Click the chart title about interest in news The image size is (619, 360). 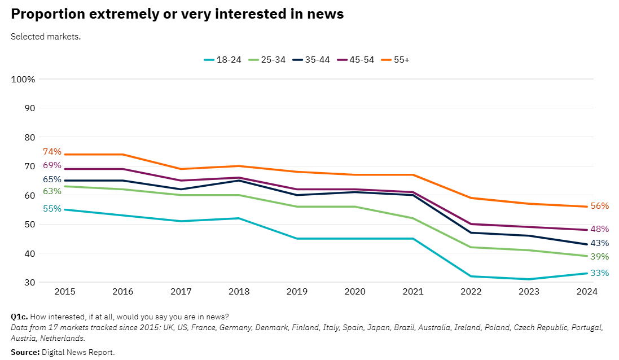177,15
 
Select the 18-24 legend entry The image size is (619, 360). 222,60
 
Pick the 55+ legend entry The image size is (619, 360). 395,60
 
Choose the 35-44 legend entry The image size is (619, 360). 312,60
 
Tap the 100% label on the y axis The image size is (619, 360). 23,80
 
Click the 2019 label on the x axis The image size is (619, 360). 297,292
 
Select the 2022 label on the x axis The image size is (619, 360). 471,292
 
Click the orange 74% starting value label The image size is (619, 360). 52,152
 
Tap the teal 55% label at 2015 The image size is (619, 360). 52,209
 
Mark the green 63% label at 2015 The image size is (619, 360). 52,191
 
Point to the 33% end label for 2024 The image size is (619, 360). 599,273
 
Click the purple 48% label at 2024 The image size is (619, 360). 599,229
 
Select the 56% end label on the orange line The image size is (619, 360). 599,206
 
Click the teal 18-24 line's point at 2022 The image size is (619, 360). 471,276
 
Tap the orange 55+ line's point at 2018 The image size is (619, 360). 239,166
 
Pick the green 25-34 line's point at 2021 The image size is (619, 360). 413,218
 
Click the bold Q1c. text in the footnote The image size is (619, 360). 19,316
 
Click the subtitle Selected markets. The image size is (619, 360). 46,37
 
